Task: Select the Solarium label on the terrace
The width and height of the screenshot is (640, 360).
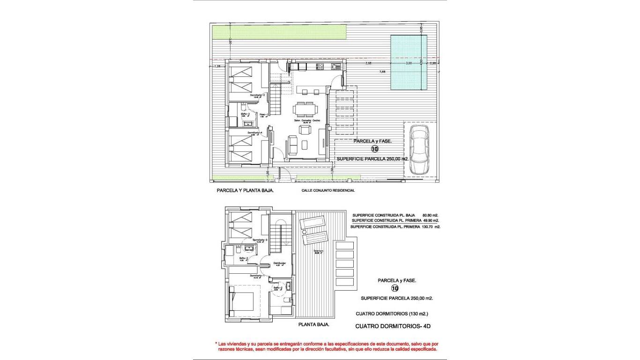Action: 319,251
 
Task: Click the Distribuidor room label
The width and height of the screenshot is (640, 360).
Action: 280,263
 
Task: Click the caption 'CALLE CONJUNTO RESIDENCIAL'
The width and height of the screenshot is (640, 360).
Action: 328,190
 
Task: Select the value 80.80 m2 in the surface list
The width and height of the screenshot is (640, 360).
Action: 430,215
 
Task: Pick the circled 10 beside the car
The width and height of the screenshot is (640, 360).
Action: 374,150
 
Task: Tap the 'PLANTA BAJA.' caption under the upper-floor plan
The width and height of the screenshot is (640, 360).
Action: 313,324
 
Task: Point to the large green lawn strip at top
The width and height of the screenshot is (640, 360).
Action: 279,32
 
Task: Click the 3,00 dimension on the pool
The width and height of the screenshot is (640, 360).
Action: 409,63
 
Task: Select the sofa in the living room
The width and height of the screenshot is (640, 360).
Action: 292,145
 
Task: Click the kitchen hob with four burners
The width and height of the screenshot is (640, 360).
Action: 320,67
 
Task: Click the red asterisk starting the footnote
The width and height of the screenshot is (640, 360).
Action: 216,344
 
